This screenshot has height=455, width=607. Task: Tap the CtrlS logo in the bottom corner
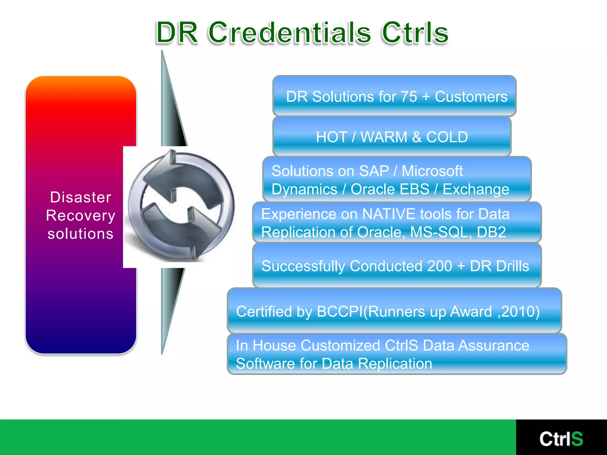(561, 439)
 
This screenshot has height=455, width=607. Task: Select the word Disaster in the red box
(81, 197)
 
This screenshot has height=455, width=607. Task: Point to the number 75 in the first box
(409, 97)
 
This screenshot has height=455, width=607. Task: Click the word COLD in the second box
(447, 137)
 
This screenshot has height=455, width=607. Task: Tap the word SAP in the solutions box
(374, 171)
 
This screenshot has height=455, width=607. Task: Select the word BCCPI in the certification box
(340, 312)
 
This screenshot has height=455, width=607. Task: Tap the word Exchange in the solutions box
(476, 189)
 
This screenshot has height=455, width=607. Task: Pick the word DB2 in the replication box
(491, 232)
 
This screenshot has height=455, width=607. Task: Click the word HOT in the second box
(331, 137)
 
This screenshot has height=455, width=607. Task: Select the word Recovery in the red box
(81, 215)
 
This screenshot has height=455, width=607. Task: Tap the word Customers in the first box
(471, 97)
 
